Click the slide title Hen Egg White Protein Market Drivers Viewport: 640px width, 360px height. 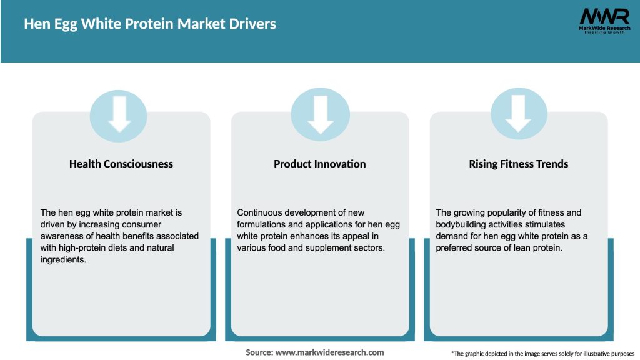pyautogui.click(x=150, y=24)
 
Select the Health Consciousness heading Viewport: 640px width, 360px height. pyautogui.click(x=121, y=164)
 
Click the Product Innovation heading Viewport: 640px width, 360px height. pyautogui.click(x=320, y=164)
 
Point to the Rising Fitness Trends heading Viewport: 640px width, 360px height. pyautogui.click(x=519, y=164)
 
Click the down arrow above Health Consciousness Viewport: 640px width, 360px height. pyautogui.click(x=119, y=112)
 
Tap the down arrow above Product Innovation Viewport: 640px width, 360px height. pyautogui.click(x=320, y=112)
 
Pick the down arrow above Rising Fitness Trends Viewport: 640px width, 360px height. pyautogui.click(x=519, y=112)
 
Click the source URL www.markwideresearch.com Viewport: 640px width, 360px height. pyautogui.click(x=329, y=352)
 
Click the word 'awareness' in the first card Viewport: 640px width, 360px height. pyautogui.click(x=61, y=236)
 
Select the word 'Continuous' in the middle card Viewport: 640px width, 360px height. pyautogui.click(x=259, y=213)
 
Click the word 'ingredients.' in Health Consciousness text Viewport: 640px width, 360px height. pyautogui.click(x=64, y=259)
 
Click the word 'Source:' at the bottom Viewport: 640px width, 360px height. pyautogui.click(x=259, y=352)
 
